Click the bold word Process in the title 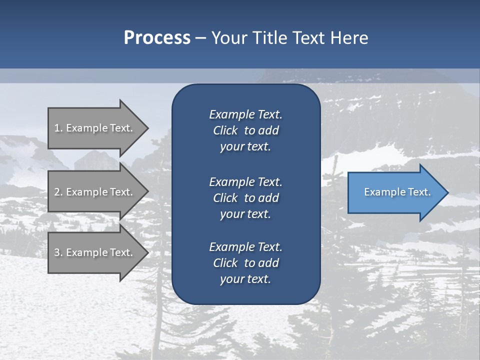pyautogui.click(x=157, y=38)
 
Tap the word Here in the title pyautogui.click(x=349, y=38)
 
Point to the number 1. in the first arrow pyautogui.click(x=58, y=128)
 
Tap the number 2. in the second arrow pyautogui.click(x=58, y=192)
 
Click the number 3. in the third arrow pyautogui.click(x=58, y=252)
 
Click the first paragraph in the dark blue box pyautogui.click(x=245, y=130)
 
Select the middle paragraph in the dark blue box pyautogui.click(x=245, y=197)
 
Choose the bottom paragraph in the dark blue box pyautogui.click(x=245, y=263)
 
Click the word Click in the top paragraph pyautogui.click(x=225, y=130)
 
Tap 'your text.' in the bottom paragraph pyautogui.click(x=245, y=279)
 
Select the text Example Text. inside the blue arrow pyautogui.click(x=397, y=192)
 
